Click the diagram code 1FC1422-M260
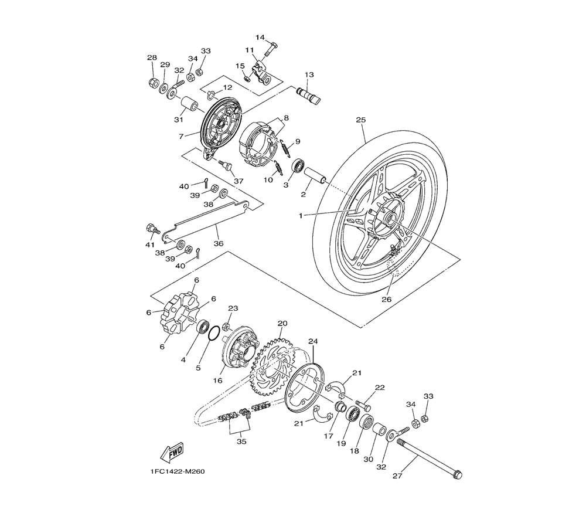click(178, 471)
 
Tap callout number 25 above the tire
click(360, 120)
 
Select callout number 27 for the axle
click(398, 476)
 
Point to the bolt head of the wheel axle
click(457, 475)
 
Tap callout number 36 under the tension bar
click(219, 243)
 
